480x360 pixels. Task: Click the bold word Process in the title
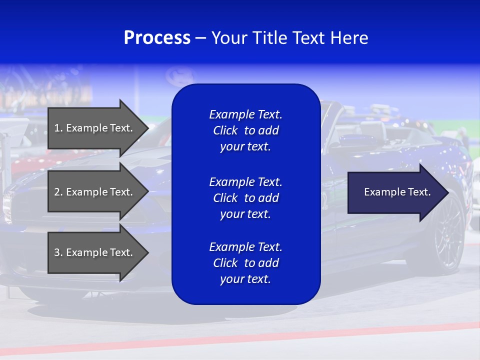point(157,38)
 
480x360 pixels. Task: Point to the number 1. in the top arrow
point(58,128)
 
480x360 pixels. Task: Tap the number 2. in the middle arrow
point(58,192)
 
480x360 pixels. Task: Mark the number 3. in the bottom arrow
point(58,252)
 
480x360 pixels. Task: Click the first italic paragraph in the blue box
point(245,130)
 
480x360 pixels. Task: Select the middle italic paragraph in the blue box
point(245,198)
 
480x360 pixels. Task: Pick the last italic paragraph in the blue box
point(245,263)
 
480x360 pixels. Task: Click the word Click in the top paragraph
point(225,130)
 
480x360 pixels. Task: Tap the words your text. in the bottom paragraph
point(245,279)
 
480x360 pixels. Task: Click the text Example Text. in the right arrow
point(397,192)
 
